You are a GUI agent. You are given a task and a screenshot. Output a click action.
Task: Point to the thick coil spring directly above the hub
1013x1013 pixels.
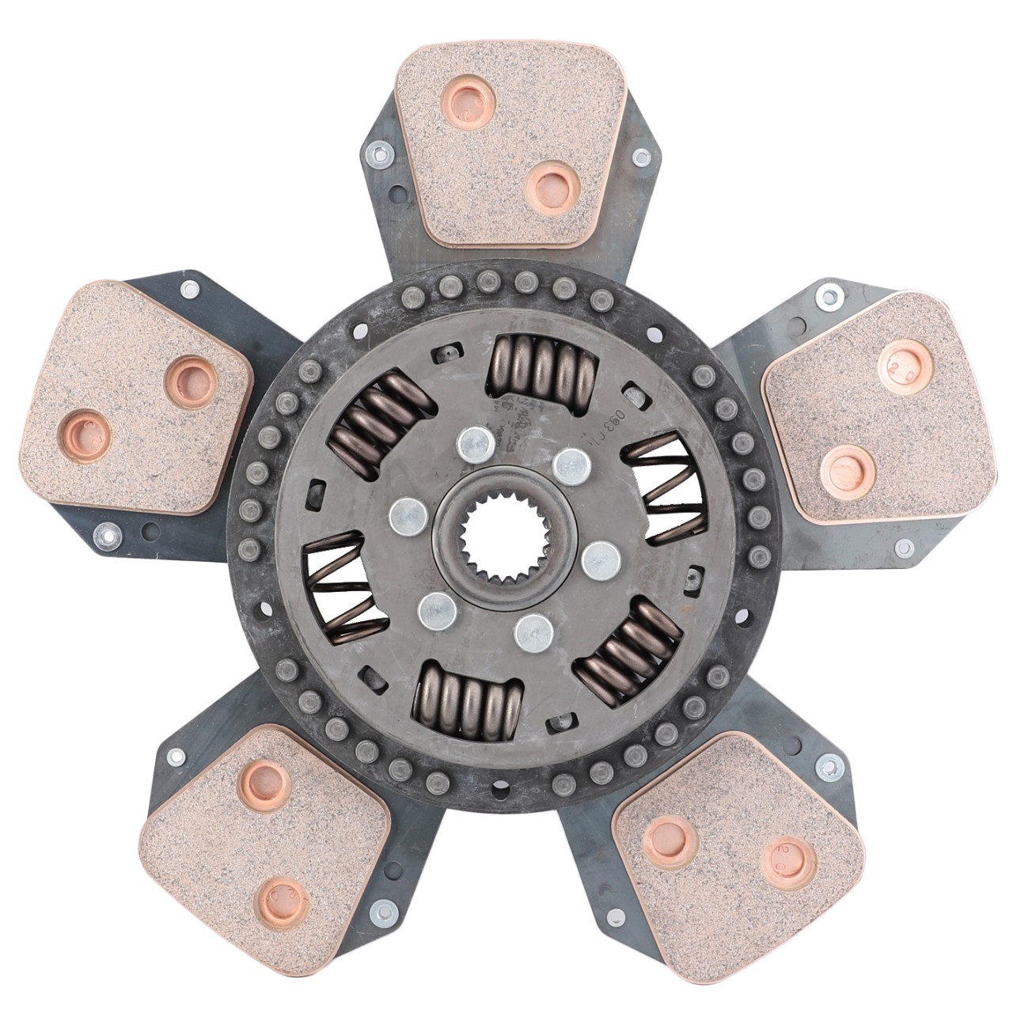tap(543, 366)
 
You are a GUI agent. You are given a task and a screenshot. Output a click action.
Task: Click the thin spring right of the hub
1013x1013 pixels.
tap(665, 491)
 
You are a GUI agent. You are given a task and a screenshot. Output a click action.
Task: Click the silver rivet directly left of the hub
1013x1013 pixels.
tap(408, 518)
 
